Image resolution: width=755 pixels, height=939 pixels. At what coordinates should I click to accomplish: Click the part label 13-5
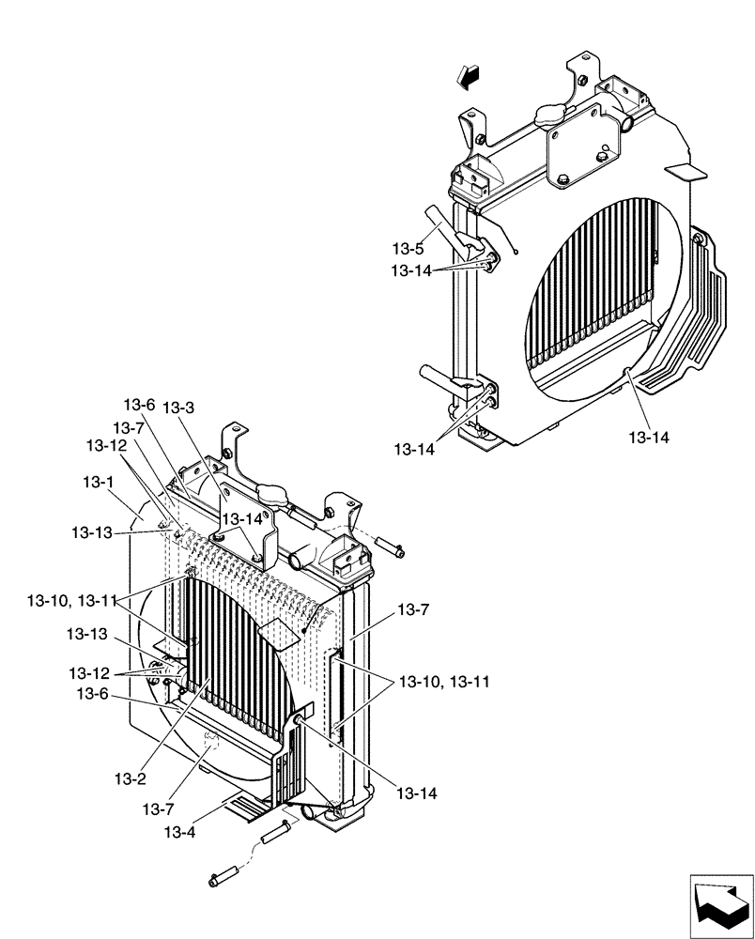(408, 250)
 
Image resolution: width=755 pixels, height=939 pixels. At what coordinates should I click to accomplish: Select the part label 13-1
(98, 482)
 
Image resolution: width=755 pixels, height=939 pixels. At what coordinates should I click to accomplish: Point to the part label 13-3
(178, 408)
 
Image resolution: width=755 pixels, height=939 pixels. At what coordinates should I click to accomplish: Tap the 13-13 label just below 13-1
(92, 532)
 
